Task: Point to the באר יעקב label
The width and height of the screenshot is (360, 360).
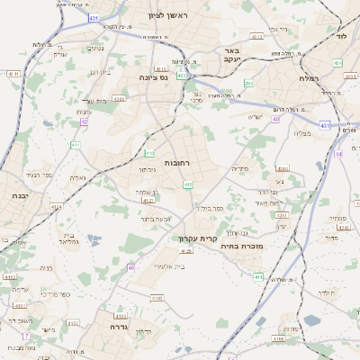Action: click(232, 56)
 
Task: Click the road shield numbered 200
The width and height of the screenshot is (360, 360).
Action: click(249, 84)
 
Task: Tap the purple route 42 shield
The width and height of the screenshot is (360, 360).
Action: click(84, 121)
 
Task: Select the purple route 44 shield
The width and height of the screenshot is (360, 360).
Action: click(338, 154)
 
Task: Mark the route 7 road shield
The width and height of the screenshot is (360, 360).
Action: click(27, 336)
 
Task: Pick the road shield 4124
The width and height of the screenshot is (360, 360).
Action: click(57, 207)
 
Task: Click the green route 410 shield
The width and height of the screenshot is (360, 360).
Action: click(149, 154)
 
